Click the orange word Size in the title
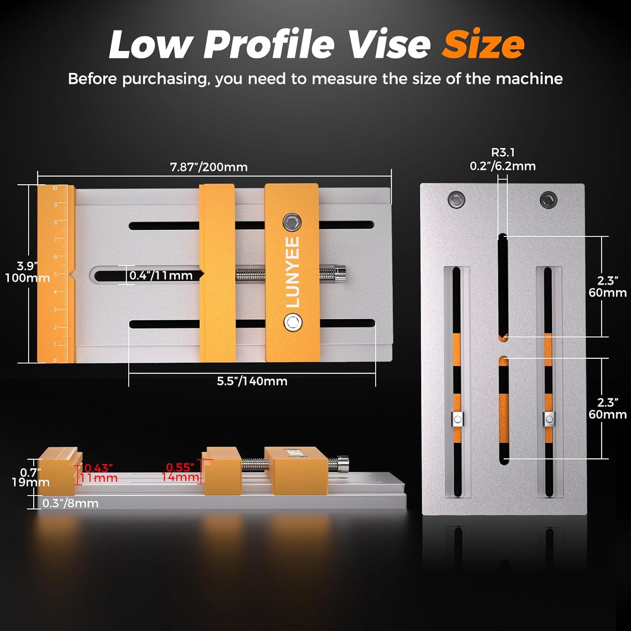[483, 45]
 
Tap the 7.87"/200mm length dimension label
[209, 167]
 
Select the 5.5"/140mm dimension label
[252, 381]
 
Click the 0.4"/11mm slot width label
[161, 276]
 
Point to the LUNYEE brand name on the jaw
[292, 272]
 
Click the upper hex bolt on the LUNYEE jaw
[292, 222]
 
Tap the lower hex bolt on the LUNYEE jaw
[292, 323]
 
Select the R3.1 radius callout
[503, 152]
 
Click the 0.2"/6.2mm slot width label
[503, 166]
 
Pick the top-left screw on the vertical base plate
[456, 199]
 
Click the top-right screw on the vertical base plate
[548, 199]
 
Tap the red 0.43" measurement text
[98, 468]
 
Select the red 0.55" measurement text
[180, 467]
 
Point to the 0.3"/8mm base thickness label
[70, 503]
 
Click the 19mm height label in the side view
[30, 482]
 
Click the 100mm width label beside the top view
[27, 278]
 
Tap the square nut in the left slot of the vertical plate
[457, 419]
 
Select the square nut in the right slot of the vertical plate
[549, 419]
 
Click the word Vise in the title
[390, 45]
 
